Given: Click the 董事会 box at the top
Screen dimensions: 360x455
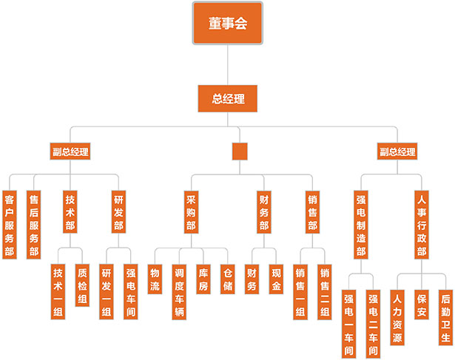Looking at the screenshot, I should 228,23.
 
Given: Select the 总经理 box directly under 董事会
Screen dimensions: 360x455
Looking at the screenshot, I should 228,98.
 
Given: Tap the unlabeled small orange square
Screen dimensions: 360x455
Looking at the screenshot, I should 239,152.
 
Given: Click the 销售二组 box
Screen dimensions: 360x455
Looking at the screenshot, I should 324,291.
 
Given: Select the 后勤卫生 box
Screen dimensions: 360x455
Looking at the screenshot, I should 445,317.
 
